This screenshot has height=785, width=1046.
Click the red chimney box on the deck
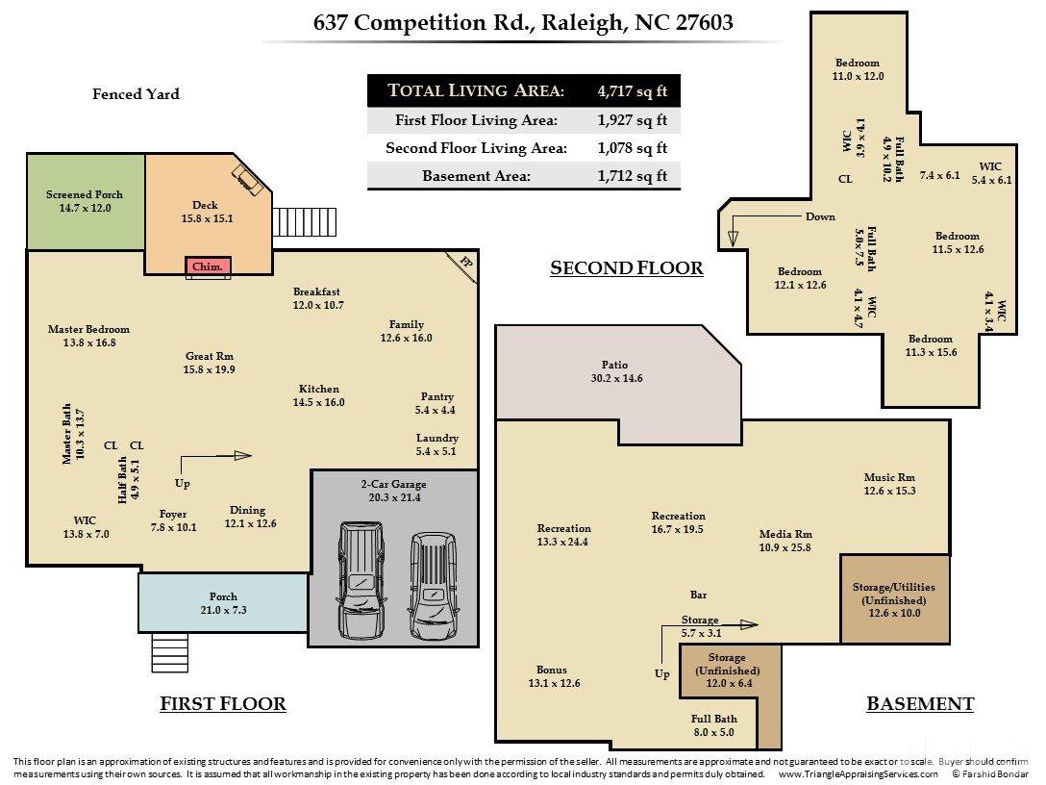[x=208, y=266]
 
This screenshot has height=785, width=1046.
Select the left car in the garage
[x=361, y=580]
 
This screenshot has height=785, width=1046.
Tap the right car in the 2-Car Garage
[x=433, y=586]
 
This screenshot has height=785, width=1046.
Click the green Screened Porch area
[x=86, y=201]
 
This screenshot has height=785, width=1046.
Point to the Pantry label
[x=436, y=396]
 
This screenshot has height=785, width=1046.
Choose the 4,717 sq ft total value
[x=633, y=90]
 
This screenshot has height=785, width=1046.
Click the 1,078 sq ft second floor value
[x=633, y=147]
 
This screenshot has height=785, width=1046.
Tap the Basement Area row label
[x=476, y=176]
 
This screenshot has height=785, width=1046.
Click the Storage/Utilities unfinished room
[x=894, y=598]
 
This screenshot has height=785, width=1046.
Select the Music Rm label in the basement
[x=889, y=477]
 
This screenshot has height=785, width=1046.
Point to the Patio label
[x=614, y=365]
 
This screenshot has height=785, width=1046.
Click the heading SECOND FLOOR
[x=627, y=268]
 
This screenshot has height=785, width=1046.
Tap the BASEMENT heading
[x=920, y=704]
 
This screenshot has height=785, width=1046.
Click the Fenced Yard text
[x=136, y=94]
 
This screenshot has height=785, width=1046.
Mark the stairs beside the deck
[x=304, y=221]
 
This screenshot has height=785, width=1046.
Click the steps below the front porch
[x=169, y=652]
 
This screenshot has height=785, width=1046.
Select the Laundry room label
[x=436, y=438]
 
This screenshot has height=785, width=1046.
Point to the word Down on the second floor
[x=820, y=216]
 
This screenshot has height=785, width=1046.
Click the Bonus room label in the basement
[x=552, y=670]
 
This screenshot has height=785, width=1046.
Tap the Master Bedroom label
[x=88, y=329]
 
